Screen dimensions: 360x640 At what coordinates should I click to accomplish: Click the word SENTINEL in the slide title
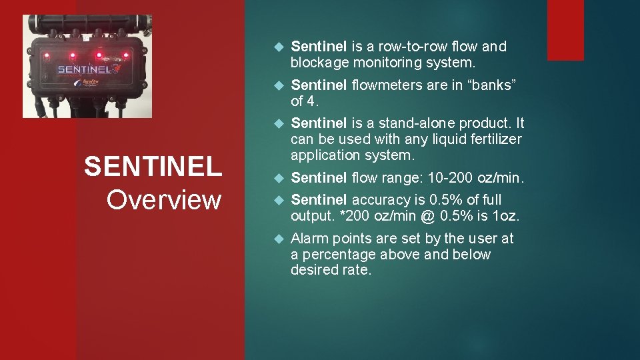(x=153, y=167)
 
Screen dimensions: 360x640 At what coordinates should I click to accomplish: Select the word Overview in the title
(x=163, y=199)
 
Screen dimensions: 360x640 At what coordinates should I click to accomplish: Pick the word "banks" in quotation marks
(x=495, y=85)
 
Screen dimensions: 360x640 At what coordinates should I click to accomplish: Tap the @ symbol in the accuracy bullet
(x=430, y=216)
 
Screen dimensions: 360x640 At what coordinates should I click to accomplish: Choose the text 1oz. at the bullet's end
(x=505, y=216)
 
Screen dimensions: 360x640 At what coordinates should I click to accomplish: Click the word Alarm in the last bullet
(x=310, y=239)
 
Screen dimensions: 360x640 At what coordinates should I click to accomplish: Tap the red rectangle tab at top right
(x=565, y=30)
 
